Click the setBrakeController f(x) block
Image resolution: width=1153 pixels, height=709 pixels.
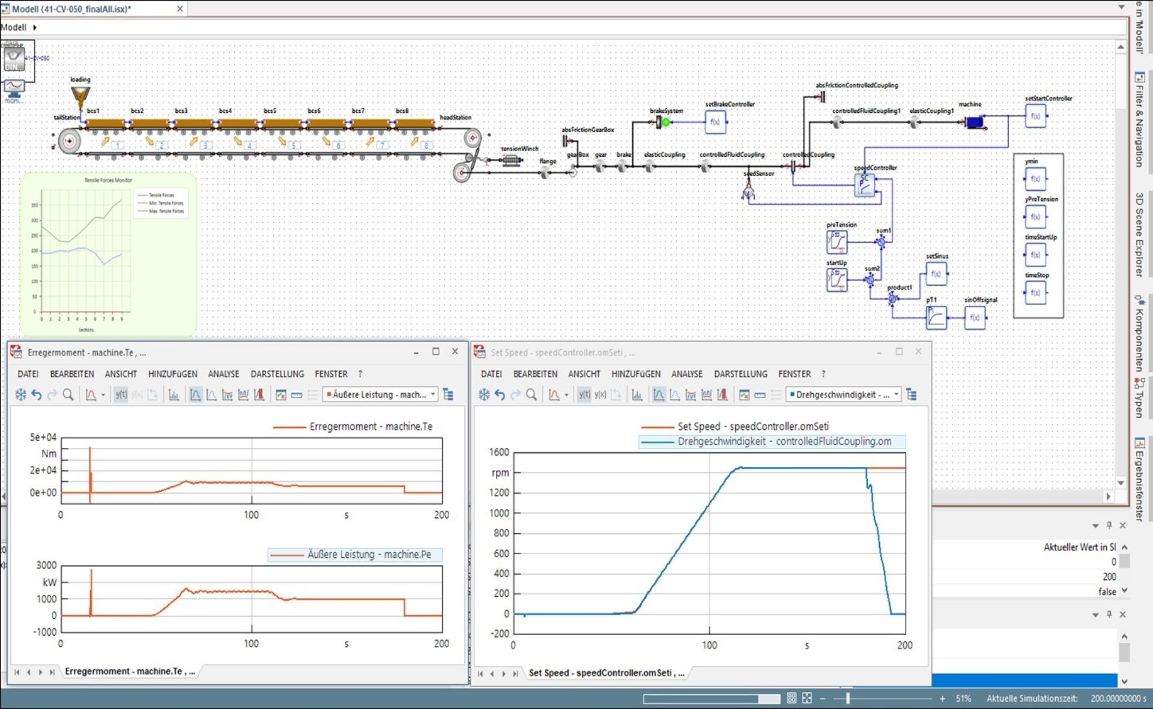[x=715, y=122]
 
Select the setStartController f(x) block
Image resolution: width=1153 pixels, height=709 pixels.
[x=1035, y=116]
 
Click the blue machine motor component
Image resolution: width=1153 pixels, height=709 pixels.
[x=974, y=122]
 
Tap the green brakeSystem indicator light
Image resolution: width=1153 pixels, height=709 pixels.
[x=666, y=122]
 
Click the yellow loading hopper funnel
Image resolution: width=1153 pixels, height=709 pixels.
[x=80, y=95]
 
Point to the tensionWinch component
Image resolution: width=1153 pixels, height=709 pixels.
[x=511, y=160]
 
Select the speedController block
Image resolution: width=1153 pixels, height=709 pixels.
[x=865, y=185]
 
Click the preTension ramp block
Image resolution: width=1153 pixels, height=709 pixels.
[x=837, y=242]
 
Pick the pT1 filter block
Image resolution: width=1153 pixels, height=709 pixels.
[x=936, y=318]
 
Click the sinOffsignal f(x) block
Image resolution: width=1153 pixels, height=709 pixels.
[x=975, y=318]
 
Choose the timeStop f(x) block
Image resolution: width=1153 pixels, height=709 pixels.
[x=1035, y=293]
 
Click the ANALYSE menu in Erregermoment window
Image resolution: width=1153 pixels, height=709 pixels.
[x=223, y=374]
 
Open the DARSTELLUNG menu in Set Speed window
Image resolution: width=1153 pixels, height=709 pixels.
[x=740, y=374]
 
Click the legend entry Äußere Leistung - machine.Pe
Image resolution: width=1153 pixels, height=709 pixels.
[x=369, y=555]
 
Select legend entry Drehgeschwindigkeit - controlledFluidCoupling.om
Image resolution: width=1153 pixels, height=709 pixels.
[x=784, y=442]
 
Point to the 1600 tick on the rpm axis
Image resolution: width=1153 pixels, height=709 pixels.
[x=499, y=452]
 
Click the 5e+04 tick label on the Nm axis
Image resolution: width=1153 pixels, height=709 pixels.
[x=43, y=438]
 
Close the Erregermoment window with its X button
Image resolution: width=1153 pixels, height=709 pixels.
[x=455, y=352]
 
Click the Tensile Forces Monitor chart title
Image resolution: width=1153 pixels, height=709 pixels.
[x=108, y=180]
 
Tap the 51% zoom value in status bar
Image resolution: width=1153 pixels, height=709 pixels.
[x=963, y=699]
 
